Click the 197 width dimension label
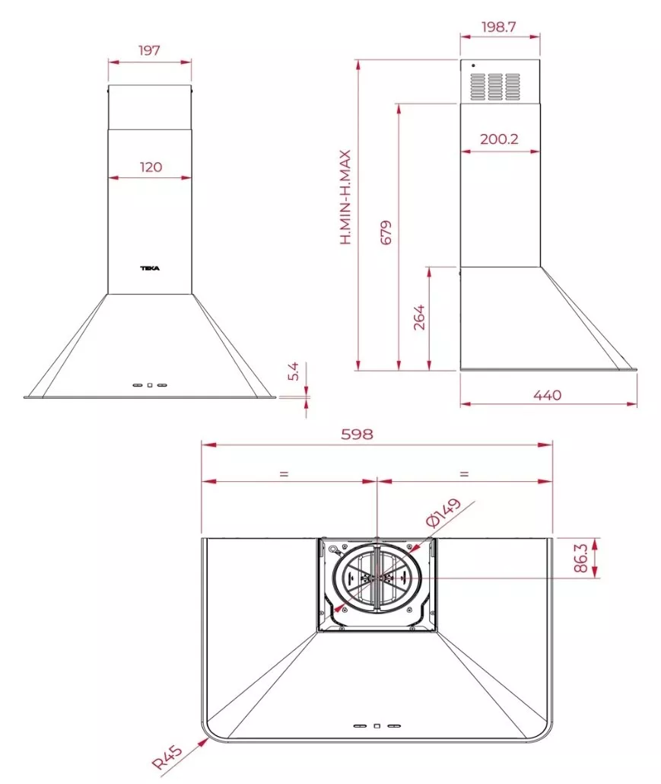(149, 50)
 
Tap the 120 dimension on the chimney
(151, 167)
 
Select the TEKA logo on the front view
(150, 269)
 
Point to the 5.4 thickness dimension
(294, 371)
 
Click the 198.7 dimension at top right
(499, 27)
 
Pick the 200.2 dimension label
(499, 139)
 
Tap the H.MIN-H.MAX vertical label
(346, 197)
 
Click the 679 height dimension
(386, 232)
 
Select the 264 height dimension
(419, 317)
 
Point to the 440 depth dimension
(548, 395)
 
